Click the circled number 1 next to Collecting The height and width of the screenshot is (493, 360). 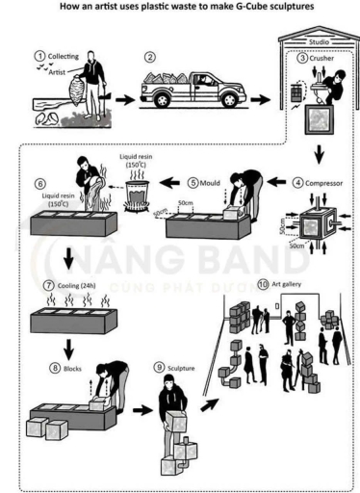pyautogui.click(x=39, y=57)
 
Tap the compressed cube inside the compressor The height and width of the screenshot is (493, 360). pyautogui.click(x=312, y=227)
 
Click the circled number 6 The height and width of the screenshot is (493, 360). pyautogui.click(x=39, y=183)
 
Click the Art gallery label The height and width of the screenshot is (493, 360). pyautogui.click(x=289, y=285)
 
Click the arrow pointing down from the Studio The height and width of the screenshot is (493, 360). pyautogui.click(x=319, y=151)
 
